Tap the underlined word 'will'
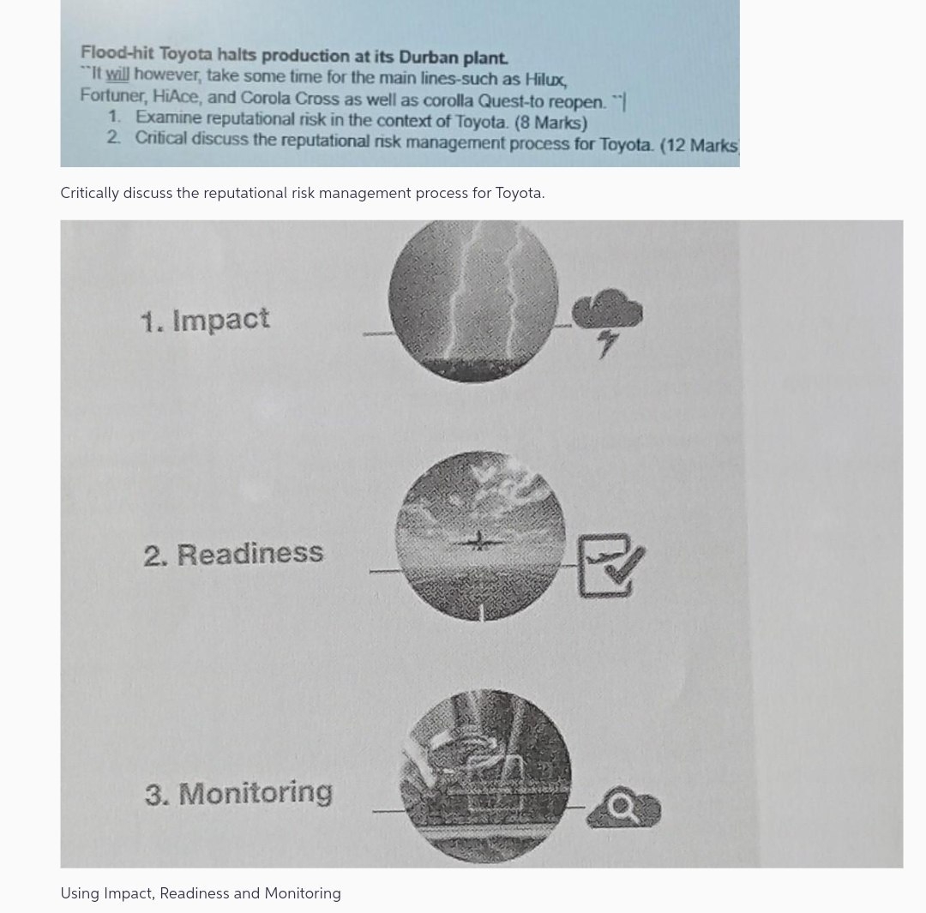(117, 75)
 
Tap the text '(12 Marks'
(699, 145)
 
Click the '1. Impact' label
(205, 320)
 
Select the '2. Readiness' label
(233, 554)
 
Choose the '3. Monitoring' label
(238, 793)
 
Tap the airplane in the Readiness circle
(478, 540)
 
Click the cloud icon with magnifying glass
(624, 808)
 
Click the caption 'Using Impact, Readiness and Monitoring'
(201, 893)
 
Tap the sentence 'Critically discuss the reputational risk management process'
(302, 193)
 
